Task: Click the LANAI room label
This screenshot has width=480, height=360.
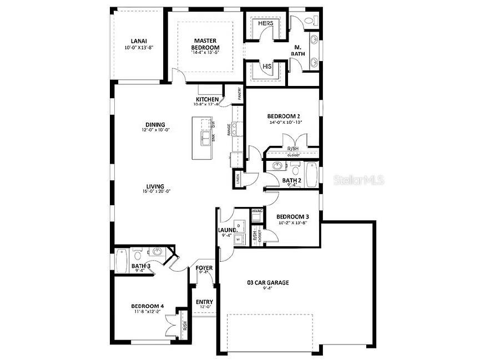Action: [x=138, y=41]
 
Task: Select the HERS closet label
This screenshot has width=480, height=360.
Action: [x=266, y=24]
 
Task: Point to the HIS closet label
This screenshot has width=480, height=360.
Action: [x=267, y=67]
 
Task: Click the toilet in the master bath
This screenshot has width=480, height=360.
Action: [x=312, y=21]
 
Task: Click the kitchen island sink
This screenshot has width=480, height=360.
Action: [x=205, y=137]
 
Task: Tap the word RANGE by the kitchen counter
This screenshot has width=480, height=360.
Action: [x=229, y=130]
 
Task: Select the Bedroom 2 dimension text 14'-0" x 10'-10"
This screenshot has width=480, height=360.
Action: [x=285, y=122]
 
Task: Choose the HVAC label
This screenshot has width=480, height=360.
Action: [x=256, y=211]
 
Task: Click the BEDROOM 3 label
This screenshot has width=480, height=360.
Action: [x=292, y=216]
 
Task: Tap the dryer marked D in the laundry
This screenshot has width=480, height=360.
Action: [x=239, y=226]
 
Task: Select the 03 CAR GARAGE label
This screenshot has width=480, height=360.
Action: [x=268, y=282]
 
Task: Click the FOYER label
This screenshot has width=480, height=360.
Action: [x=204, y=268]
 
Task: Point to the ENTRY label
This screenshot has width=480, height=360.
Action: [x=204, y=302]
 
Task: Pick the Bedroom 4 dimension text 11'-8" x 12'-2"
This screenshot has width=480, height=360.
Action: [x=146, y=312]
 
